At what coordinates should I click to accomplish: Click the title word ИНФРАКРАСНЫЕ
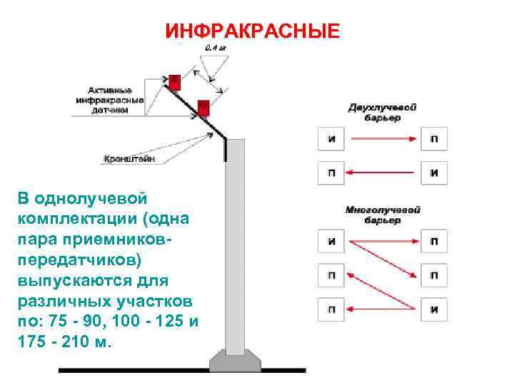tap(252, 32)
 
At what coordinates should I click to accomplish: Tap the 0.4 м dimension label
tap(214, 48)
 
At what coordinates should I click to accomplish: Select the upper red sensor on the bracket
tap(173, 80)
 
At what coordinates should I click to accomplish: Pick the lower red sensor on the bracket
tap(203, 108)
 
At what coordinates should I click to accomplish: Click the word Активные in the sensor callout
tap(110, 91)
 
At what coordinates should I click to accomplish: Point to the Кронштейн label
tap(128, 159)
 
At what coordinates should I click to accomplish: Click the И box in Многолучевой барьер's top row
tap(332, 241)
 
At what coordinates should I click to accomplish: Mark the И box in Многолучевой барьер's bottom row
tap(434, 309)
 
